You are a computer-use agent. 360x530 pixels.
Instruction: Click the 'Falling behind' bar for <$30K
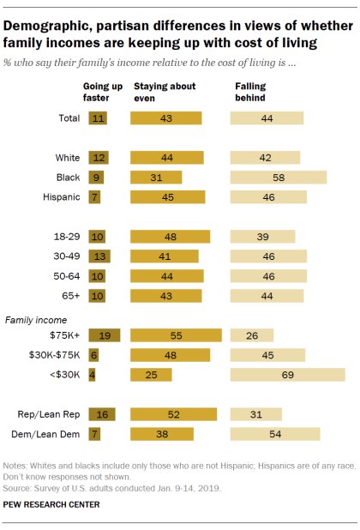click(x=287, y=374)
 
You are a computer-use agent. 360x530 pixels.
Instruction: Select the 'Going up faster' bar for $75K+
click(x=104, y=335)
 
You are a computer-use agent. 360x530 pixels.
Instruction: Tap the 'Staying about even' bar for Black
click(x=156, y=177)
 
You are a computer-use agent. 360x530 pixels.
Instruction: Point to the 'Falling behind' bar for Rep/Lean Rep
click(x=256, y=414)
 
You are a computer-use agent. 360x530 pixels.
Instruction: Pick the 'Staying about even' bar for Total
click(x=166, y=118)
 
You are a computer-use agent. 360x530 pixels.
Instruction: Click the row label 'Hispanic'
click(x=61, y=196)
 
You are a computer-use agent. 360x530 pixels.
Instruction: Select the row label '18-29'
click(x=65, y=236)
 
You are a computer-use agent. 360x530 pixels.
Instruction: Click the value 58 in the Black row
click(x=279, y=177)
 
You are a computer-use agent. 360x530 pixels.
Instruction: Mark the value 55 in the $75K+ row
click(x=176, y=335)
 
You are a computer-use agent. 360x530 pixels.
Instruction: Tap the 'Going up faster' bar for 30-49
click(x=99, y=256)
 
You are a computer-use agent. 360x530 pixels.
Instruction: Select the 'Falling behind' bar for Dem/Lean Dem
click(x=275, y=434)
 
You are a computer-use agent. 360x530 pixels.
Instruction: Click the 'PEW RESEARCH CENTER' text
click(x=51, y=504)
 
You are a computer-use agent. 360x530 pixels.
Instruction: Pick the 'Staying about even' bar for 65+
click(x=166, y=295)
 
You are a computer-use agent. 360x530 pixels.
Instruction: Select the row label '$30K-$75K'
click(x=54, y=355)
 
